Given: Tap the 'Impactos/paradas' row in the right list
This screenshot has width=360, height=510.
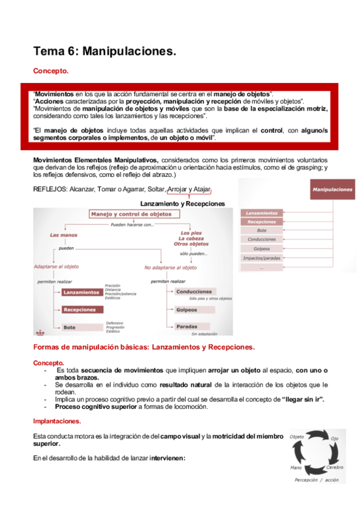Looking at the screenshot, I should coord(262,258).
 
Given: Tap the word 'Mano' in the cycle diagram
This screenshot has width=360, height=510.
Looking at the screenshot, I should coord(296,467).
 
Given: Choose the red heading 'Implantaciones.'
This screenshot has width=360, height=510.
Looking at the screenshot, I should coord(57,421).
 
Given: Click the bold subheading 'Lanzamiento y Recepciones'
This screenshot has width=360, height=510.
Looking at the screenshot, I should coord(183,203).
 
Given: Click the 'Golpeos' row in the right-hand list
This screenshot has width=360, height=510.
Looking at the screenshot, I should coord(262,248).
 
